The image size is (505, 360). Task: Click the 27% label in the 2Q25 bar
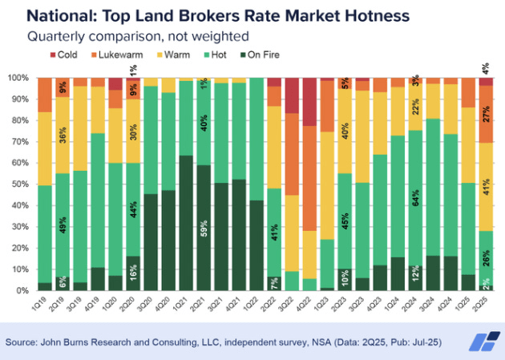point(485,114)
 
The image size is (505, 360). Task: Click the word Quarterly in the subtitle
point(56,35)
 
